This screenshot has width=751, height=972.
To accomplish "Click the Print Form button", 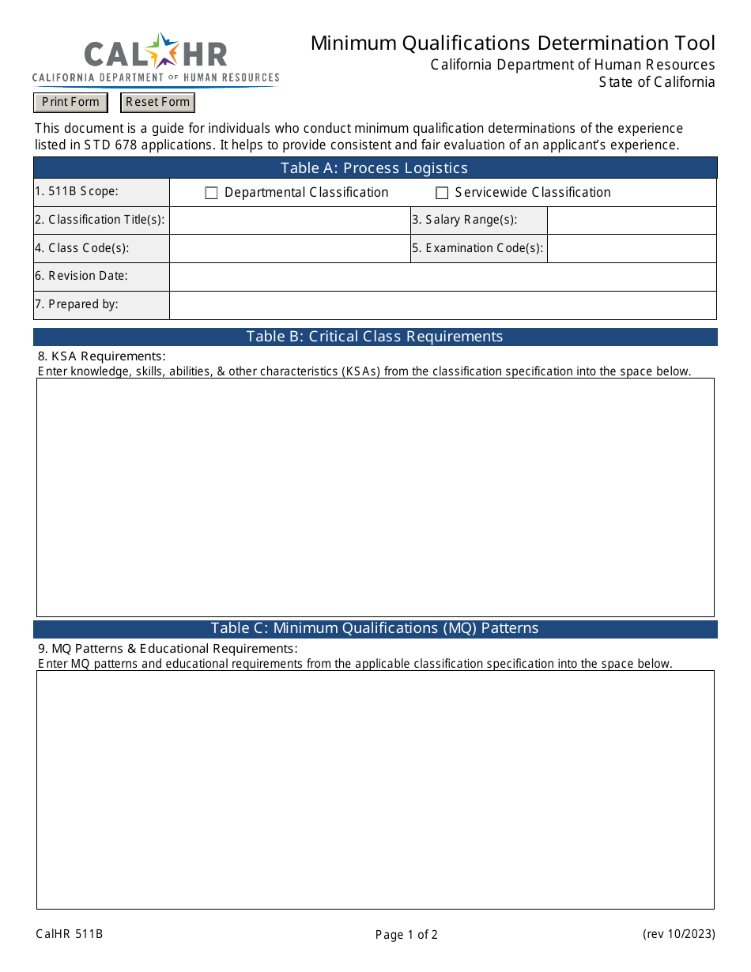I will [70, 102].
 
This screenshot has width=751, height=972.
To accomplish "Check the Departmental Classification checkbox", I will [211, 193].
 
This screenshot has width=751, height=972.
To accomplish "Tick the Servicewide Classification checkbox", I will [442, 193].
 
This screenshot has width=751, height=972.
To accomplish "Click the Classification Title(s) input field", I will [289, 220].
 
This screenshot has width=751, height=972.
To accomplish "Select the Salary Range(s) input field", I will [632, 220].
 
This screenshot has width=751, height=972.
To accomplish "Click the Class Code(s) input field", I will [289, 248].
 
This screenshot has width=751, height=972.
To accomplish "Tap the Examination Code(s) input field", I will [632, 248].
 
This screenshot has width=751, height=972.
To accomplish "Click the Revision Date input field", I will [443, 277].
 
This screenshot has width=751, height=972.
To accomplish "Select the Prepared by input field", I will [443, 305].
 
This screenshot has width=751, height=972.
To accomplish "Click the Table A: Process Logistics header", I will [375, 168].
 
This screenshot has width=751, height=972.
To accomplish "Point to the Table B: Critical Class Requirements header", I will [375, 337].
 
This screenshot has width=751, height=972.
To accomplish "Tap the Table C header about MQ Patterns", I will [375, 628].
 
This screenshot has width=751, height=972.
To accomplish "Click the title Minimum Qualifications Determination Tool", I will [512, 43].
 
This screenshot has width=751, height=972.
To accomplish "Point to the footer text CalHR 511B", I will [70, 934].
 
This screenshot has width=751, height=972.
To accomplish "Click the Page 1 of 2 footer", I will [406, 935].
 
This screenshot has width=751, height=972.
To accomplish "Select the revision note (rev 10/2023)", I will [678, 934].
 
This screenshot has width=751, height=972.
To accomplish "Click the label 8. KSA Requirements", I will [102, 356].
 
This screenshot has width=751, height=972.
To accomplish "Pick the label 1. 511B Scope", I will [76, 191].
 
